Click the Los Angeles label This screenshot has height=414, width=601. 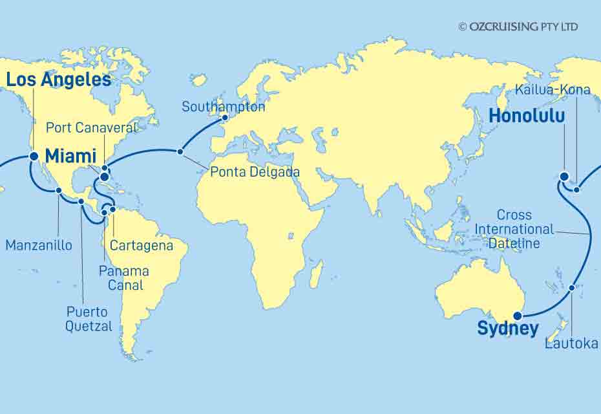point(58,80)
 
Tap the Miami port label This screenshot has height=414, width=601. point(70,156)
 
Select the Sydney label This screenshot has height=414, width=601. point(507,329)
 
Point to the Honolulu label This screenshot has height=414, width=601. point(527,116)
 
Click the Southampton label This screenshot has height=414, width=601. point(223,107)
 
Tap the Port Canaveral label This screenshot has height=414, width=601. point(92,127)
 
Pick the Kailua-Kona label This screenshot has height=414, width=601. point(553,89)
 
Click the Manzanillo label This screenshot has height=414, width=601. point(39,245)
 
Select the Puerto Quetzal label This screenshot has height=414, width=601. point(89,319)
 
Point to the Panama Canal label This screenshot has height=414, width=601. point(125,278)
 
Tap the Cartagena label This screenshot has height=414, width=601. point(142,246)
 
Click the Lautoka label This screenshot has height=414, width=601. point(571,343)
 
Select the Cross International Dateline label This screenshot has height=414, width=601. point(514,229)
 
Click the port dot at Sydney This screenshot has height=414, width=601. point(517,316)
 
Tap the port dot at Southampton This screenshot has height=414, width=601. point(225,118)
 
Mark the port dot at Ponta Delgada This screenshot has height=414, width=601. point(180,152)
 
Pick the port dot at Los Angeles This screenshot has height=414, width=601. point(33,156)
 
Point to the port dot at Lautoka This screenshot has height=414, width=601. point(573,288)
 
